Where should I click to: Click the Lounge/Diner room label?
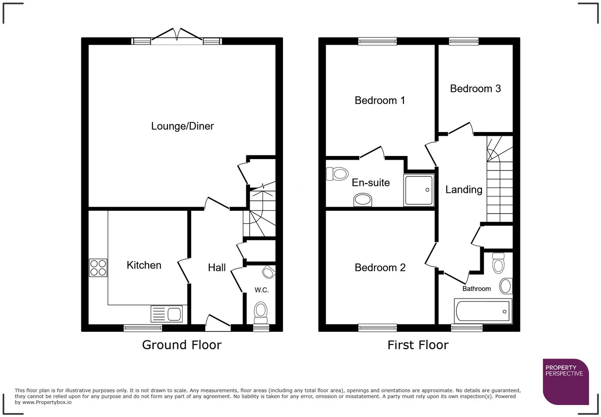[x=182, y=126]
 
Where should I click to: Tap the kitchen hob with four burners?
[x=98, y=268]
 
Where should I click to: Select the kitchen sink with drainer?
[x=167, y=314]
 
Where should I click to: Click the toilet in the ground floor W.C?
[x=260, y=313]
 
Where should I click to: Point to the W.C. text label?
[x=262, y=290]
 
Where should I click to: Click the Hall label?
[x=217, y=267]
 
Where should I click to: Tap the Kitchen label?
[x=144, y=265]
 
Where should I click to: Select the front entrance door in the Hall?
[x=218, y=323]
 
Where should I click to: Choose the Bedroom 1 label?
[x=380, y=100]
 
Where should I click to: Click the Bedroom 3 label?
[x=475, y=89]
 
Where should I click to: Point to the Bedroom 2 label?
[x=380, y=268]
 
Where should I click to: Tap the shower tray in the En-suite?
[x=419, y=190]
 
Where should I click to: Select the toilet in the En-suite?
[x=337, y=174]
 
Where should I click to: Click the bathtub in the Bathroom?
[x=483, y=311]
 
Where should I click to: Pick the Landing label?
[x=464, y=190]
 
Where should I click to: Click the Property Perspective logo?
[x=566, y=382]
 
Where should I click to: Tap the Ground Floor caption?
[x=182, y=345]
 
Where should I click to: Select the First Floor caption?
[x=418, y=345]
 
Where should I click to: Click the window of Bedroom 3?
[x=463, y=41]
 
